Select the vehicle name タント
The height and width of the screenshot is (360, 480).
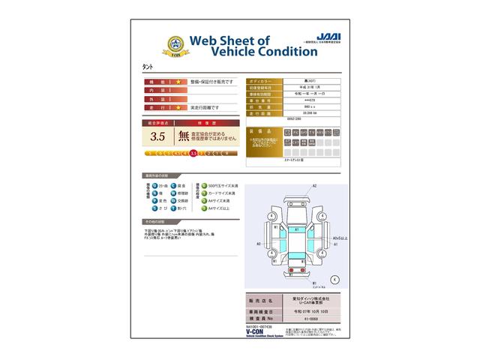point(148,66)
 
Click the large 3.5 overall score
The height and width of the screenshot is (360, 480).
point(157,136)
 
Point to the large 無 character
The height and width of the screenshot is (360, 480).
point(184,136)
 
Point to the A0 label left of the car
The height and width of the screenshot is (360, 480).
point(259,243)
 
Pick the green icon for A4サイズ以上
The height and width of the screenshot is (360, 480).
point(204,211)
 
